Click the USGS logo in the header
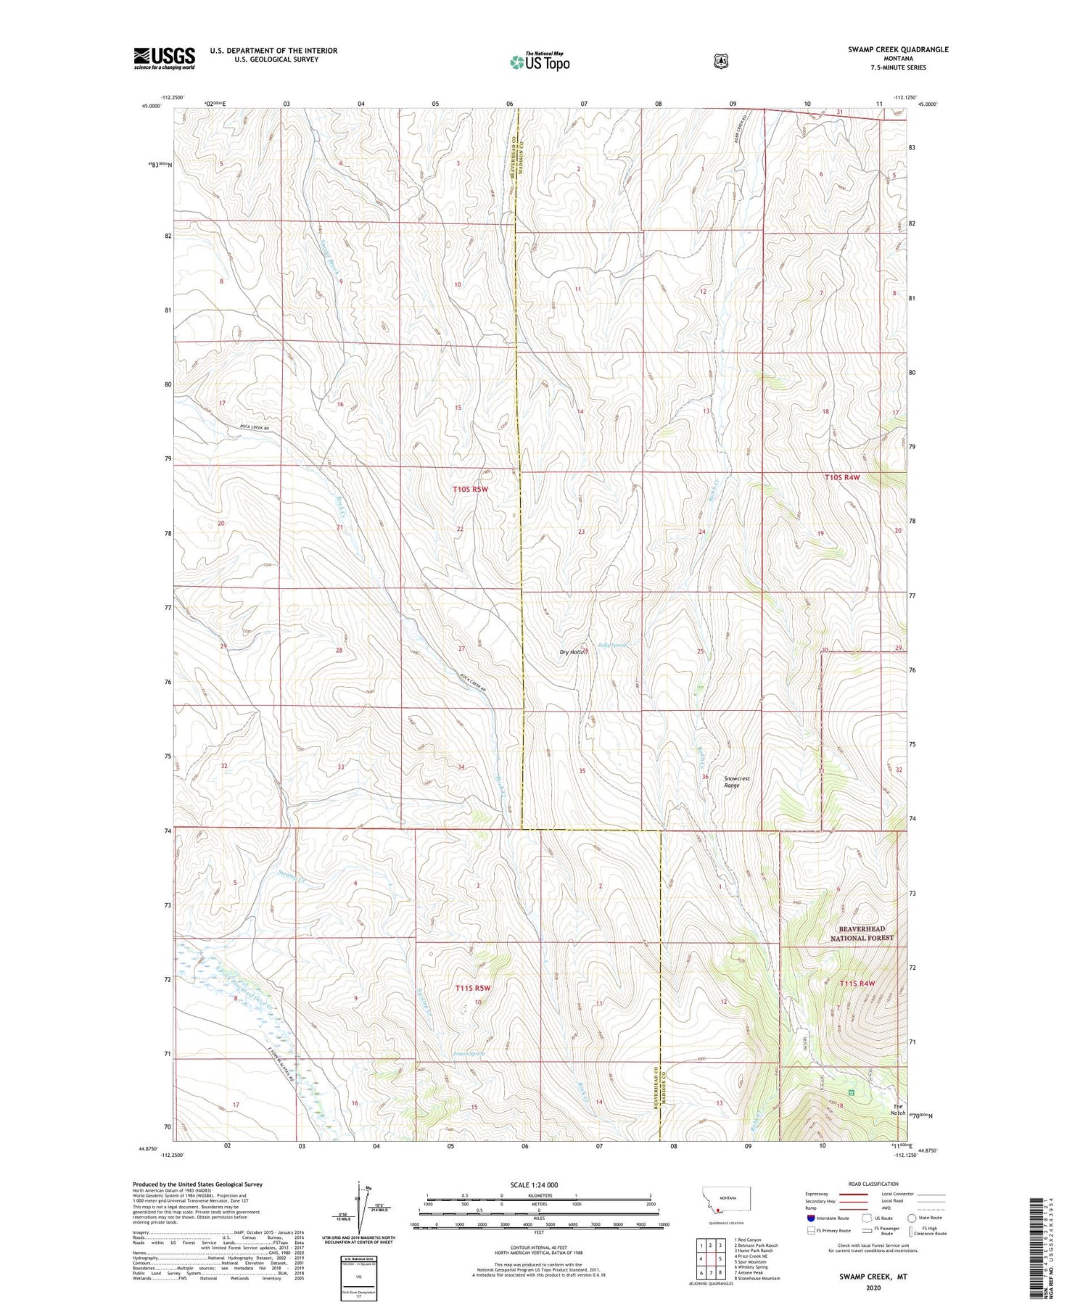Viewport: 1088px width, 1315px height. click(x=164, y=58)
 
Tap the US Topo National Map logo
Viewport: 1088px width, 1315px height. click(x=540, y=61)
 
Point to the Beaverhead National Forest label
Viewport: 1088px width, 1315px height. click(x=862, y=933)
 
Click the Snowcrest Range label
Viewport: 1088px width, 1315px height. click(x=736, y=781)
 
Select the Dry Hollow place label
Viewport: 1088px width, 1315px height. click(x=573, y=651)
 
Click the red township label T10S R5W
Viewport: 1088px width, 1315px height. click(x=471, y=490)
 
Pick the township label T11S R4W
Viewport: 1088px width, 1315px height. click(x=857, y=984)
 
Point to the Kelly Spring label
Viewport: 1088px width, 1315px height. click(x=612, y=645)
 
